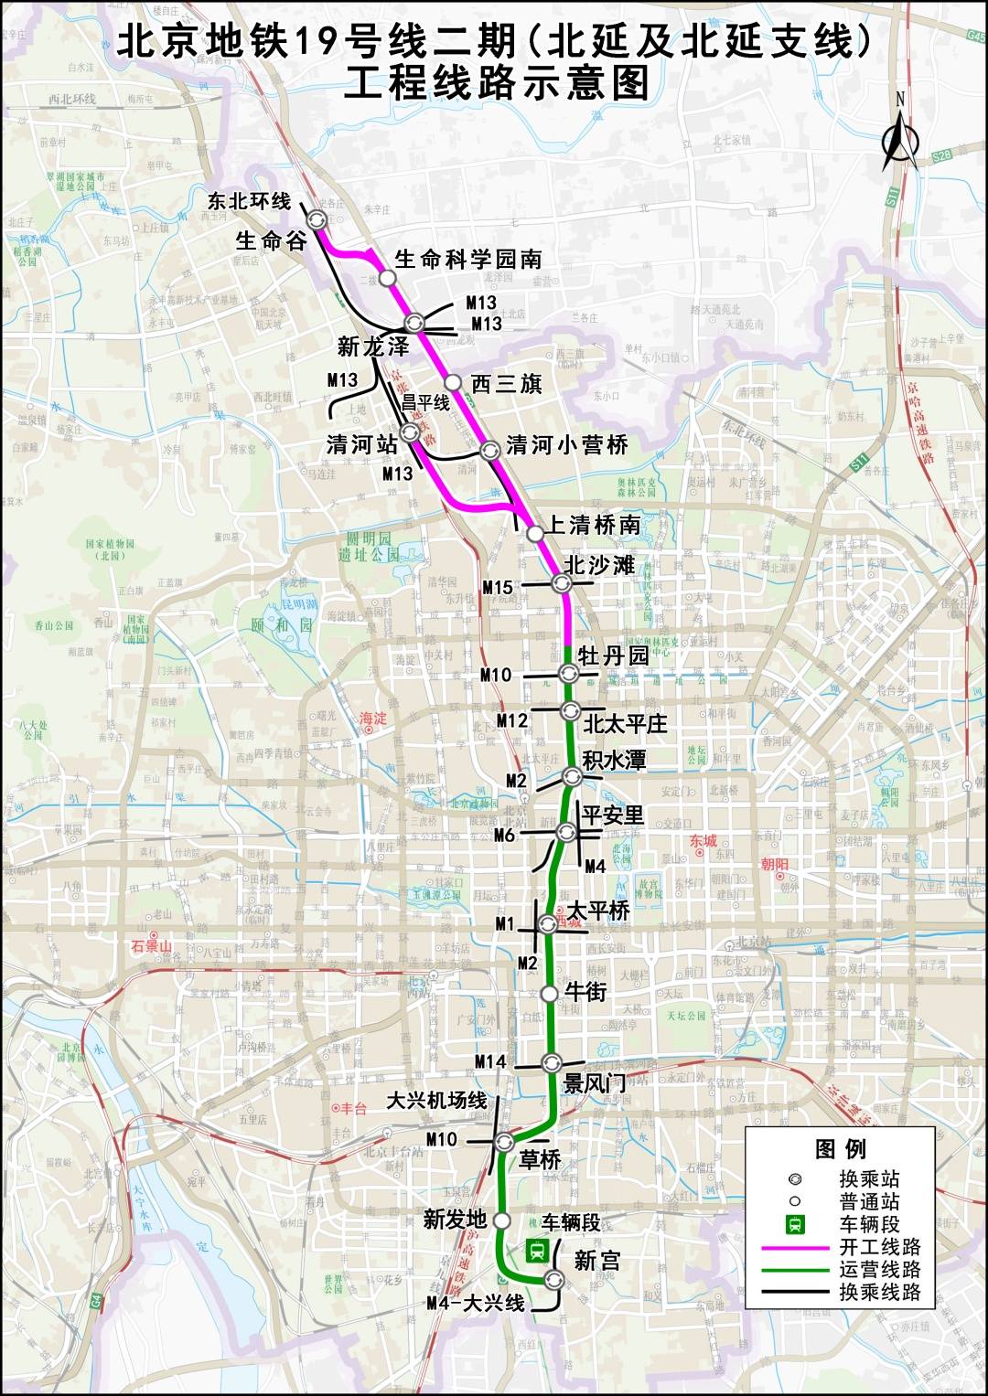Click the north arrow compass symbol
pos(900,138)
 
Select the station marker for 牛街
pos(549,994)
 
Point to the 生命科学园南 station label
pos(467,260)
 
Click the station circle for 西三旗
pos(452,382)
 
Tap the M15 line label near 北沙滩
pos(498,587)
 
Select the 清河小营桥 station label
pos(567,445)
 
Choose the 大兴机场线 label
pos(437,1100)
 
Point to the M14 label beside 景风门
pos(490,1061)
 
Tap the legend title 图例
pos(840,1149)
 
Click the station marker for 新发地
pos(501,1220)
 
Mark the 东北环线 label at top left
pos(249,201)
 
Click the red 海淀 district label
pos(373,719)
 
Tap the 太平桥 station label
pos(598,911)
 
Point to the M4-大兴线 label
pos(476,1303)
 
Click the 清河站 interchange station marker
pos(410,432)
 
